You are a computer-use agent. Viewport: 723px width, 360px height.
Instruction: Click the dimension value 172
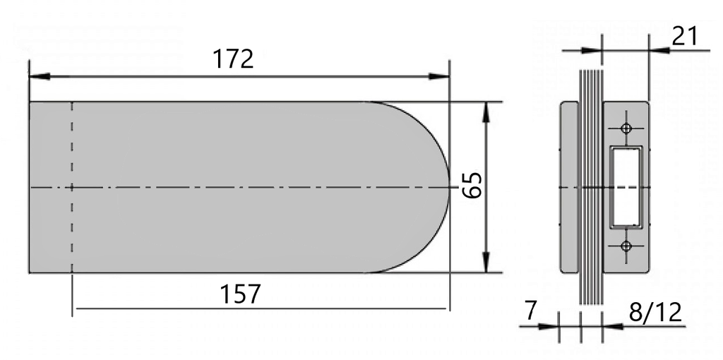coord(234,59)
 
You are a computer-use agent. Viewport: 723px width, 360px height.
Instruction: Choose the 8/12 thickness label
coord(656,311)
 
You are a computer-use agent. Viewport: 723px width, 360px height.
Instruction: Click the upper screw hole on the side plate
coord(625,128)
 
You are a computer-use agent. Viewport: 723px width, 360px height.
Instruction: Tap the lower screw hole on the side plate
coord(625,246)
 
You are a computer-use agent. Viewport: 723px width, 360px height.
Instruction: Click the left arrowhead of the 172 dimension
coord(35,75)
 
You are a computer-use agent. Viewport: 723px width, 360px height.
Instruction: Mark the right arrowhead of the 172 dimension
coord(443,75)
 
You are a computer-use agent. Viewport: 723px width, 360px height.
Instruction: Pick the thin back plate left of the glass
coord(569,187)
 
